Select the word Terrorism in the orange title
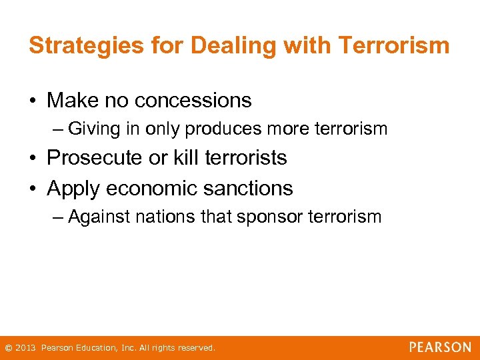click(x=393, y=45)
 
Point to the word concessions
click(x=193, y=100)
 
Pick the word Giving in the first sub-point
click(x=91, y=129)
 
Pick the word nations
click(x=162, y=217)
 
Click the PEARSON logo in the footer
click(x=440, y=347)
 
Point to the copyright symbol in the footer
click(x=9, y=348)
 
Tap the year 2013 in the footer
click(x=26, y=348)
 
